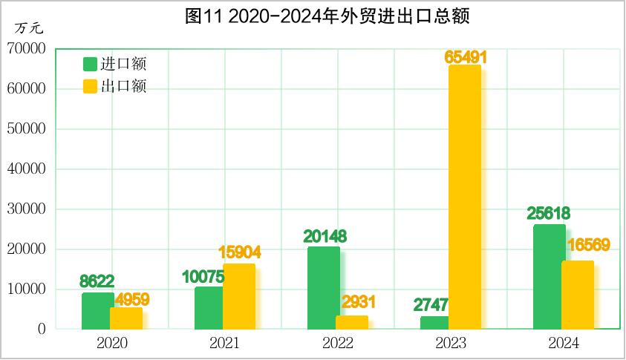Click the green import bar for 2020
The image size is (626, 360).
click(97, 311)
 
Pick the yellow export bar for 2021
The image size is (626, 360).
click(239, 296)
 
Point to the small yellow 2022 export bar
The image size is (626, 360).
click(351, 322)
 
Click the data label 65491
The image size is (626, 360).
click(466, 56)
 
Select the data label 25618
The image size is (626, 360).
click(549, 214)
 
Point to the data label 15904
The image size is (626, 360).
click(239, 253)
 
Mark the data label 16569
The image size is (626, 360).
click(587, 245)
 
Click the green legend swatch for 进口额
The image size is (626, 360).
click(90, 64)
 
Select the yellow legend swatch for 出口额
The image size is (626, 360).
click(90, 85)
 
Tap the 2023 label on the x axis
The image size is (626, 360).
click(450, 344)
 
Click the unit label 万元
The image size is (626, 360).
click(30, 28)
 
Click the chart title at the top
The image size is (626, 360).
click(327, 16)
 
